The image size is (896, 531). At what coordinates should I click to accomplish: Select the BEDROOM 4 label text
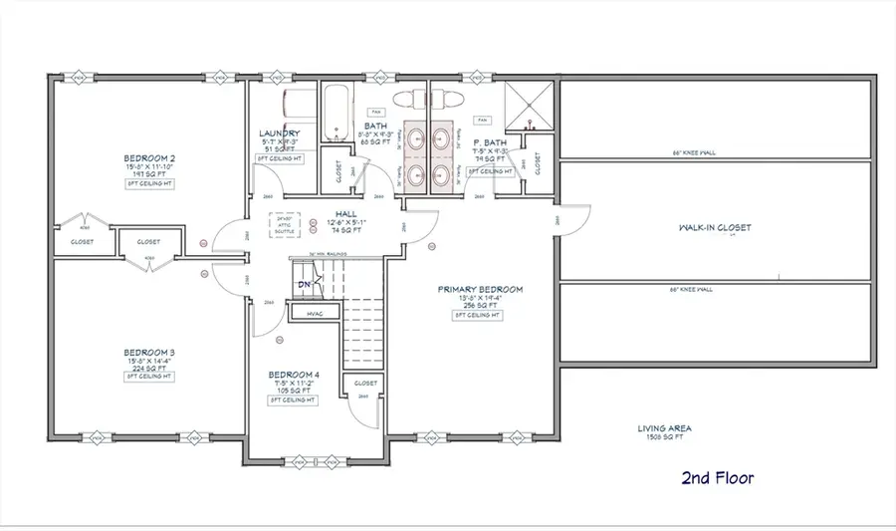[293, 376]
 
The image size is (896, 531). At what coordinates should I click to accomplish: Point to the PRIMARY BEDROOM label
[480, 290]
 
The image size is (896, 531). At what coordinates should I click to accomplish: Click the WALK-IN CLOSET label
[714, 227]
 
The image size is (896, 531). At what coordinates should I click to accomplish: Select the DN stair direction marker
[305, 285]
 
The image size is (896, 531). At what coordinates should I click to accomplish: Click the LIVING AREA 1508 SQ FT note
[665, 433]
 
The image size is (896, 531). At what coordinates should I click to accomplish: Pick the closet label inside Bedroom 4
[365, 383]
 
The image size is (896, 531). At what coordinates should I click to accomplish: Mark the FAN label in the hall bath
[377, 112]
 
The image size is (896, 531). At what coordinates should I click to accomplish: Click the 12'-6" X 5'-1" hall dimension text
[345, 221]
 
